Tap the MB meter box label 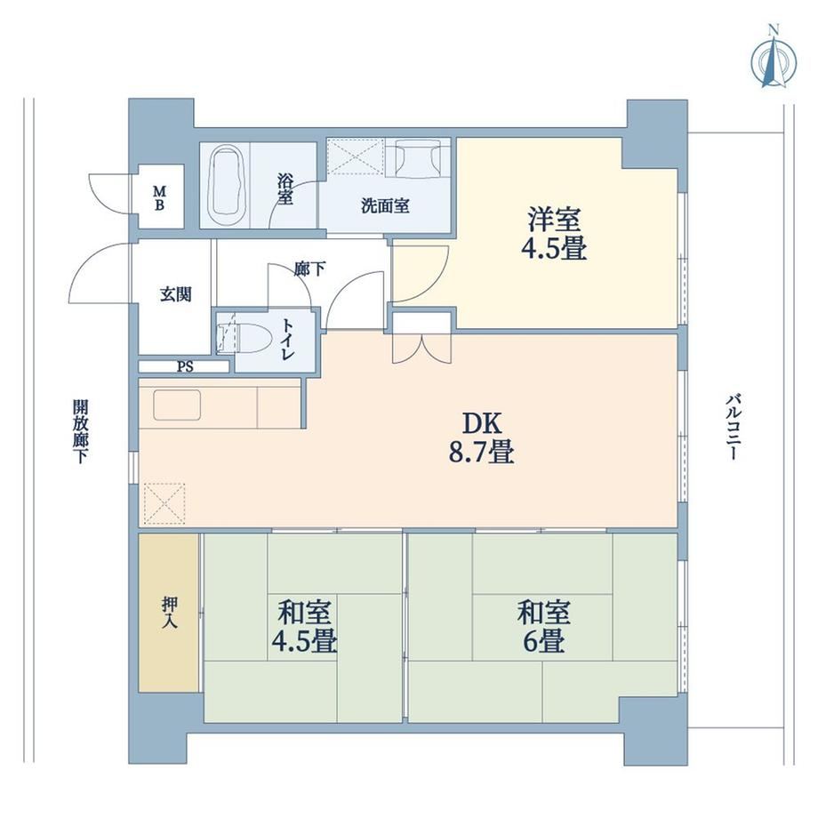coord(159,197)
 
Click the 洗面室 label coord(385,206)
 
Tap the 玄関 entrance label coord(176,295)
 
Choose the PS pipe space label coord(185,366)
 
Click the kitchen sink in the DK coord(177,405)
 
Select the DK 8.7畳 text coord(482,438)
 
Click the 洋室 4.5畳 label coord(554,233)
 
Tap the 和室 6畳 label coord(543,627)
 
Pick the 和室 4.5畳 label coord(304,627)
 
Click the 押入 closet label coord(170,612)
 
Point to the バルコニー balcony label coord(732,428)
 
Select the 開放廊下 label coord(80,431)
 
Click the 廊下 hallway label coord(309,269)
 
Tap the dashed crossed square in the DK coord(164,503)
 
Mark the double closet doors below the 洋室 coord(421,348)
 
